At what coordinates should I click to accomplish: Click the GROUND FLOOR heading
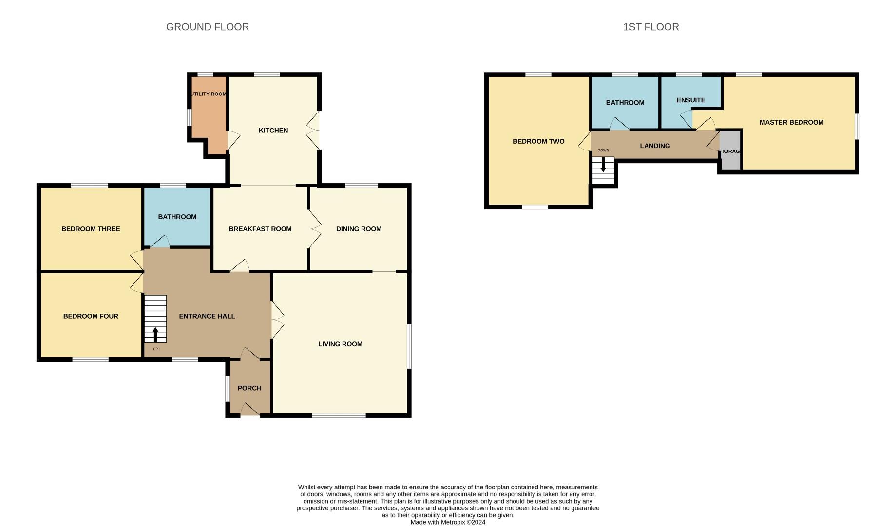[x=208, y=27]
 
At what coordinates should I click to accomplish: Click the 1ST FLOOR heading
[x=651, y=27]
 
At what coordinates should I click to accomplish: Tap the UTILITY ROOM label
[x=209, y=94]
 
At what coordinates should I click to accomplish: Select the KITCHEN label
[x=273, y=131]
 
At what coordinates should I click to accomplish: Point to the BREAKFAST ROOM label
[x=260, y=229]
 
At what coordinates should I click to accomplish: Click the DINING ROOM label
[x=359, y=229]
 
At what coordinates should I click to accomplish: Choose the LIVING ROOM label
[x=340, y=344]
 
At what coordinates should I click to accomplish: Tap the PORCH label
[x=249, y=388]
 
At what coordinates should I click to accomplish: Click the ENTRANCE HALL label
[x=207, y=316]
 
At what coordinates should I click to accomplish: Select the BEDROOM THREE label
[x=91, y=229]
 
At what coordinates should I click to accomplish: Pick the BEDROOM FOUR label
[x=91, y=316]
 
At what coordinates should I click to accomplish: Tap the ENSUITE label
[x=691, y=100]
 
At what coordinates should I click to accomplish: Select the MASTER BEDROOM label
[x=791, y=122]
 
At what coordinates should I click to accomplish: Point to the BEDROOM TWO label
[x=538, y=141]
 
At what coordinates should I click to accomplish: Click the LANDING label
[x=655, y=146]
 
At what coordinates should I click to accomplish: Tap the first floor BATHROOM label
[x=625, y=103]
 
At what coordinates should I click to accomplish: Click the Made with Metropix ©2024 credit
[x=448, y=522]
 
